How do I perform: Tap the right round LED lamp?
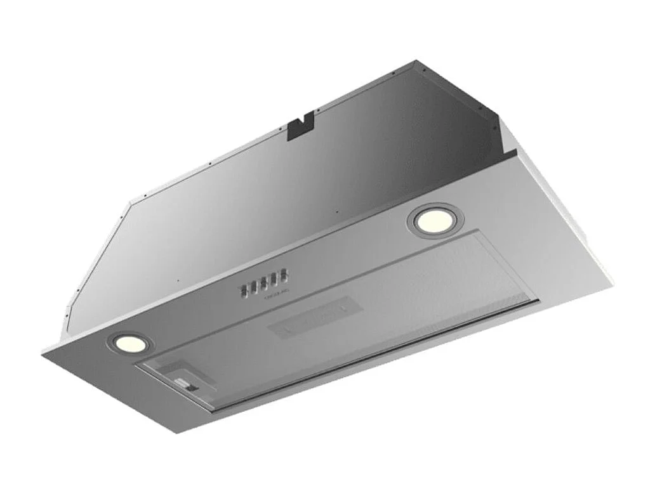[x=435, y=219]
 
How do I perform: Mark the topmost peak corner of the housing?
[x=416, y=61]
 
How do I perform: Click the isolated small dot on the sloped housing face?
[x=178, y=281]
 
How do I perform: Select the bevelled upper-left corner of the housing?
[x=131, y=204]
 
